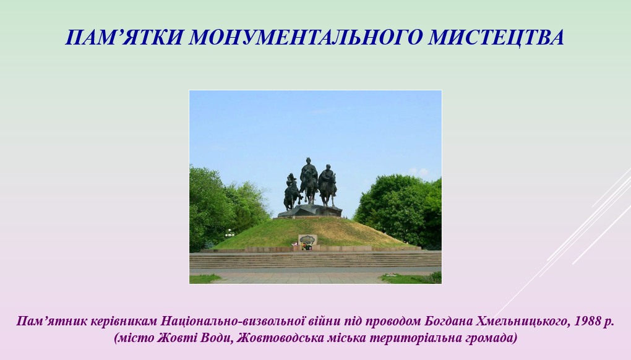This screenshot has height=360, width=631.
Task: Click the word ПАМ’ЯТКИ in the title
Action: (124, 37)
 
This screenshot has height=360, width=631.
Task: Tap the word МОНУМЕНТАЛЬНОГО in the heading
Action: (306, 37)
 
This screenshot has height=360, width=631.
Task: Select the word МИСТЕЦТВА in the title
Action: (496, 37)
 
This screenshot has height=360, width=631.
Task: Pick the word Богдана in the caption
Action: (449, 322)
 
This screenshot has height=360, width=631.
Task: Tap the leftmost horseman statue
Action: (292, 192)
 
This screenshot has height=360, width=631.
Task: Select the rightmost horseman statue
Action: (328, 185)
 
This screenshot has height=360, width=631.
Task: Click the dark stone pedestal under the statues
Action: (310, 211)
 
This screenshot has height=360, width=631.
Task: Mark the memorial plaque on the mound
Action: (307, 239)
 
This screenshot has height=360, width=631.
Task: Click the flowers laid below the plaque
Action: (306, 247)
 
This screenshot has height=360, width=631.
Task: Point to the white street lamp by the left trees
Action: (230, 233)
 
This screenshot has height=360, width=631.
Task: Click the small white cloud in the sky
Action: (419, 172)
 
